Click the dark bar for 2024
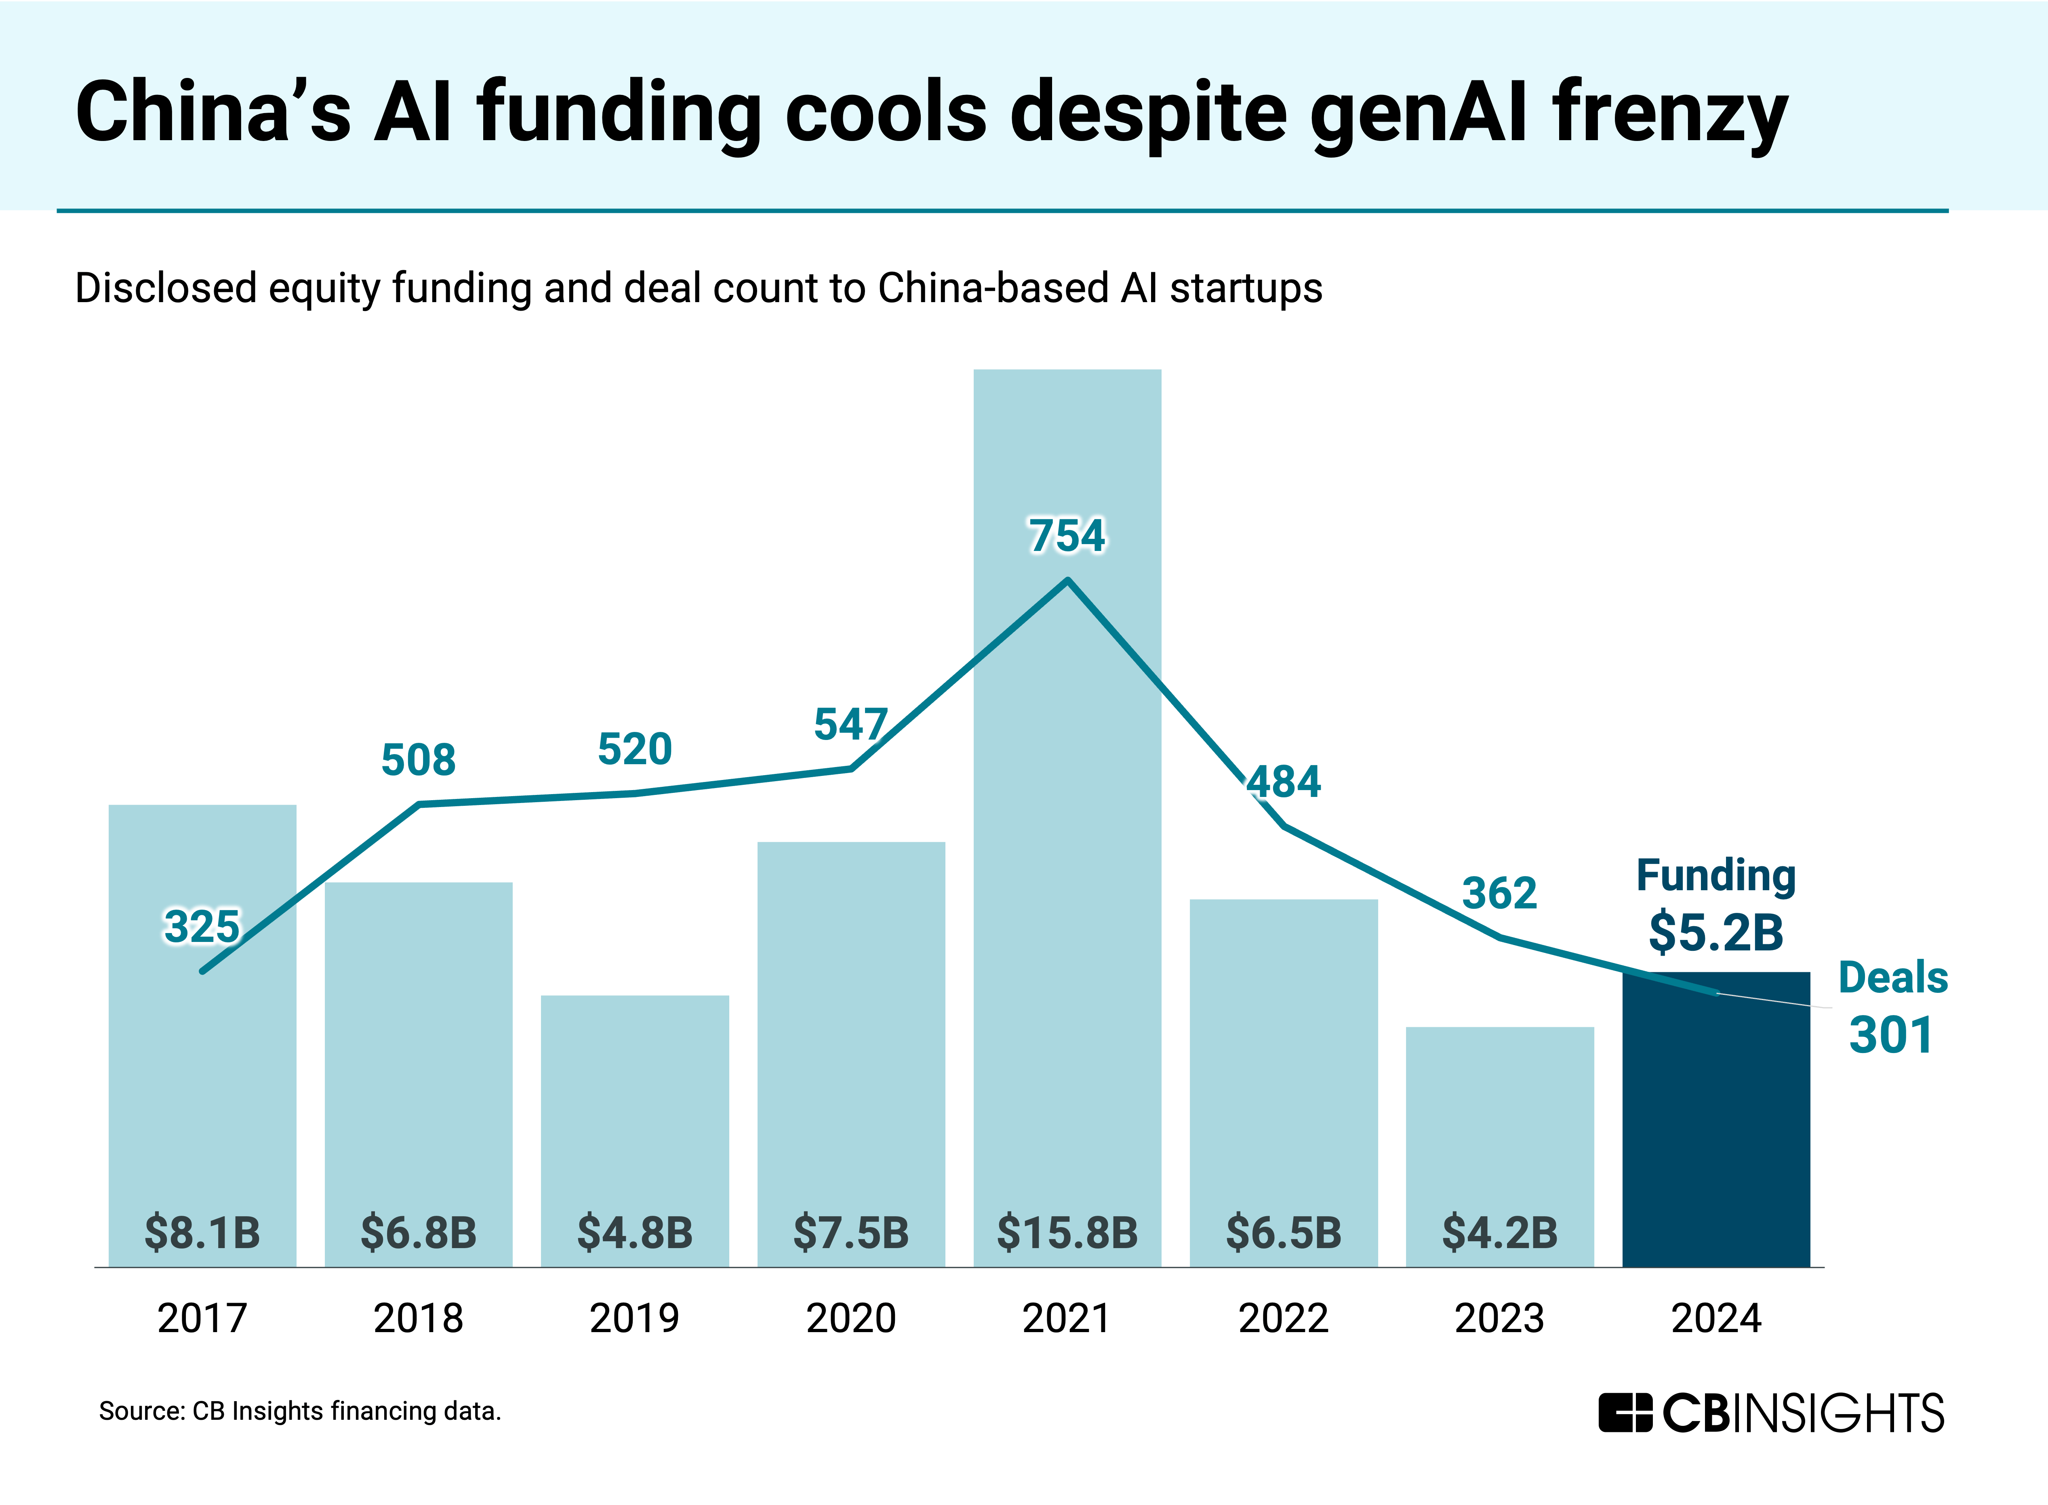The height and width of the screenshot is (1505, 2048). [1715, 1130]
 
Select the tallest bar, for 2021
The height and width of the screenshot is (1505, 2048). [1067, 911]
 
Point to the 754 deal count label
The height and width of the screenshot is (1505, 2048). [1067, 536]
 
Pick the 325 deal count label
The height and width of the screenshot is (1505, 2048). [201, 927]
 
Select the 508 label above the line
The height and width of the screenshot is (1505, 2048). [418, 760]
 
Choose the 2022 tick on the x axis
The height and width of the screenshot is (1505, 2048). [1283, 1318]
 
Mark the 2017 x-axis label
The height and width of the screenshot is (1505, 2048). [201, 1318]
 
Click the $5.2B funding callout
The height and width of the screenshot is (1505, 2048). [1715, 932]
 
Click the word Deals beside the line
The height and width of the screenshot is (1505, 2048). [1892, 977]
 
